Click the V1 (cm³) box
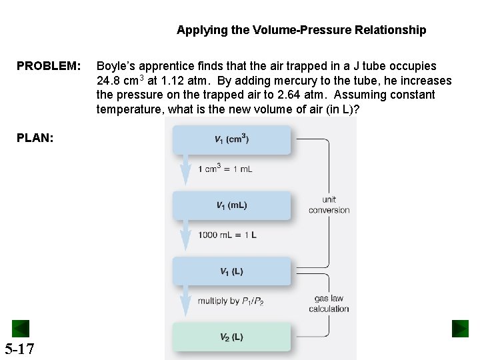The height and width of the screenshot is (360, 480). pos(231,139)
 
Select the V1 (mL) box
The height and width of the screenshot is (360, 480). pos(231,205)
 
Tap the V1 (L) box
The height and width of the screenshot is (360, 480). pos(231,271)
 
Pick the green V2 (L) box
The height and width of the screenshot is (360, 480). pos(231,337)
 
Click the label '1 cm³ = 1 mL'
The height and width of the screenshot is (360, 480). pos(225,169)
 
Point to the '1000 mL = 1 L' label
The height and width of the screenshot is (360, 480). pos(227,235)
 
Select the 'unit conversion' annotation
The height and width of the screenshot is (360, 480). pos(329,205)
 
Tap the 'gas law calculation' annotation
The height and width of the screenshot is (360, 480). pos(329,303)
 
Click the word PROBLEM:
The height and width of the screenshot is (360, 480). pos(49,66)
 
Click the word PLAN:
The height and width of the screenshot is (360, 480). pos(35,137)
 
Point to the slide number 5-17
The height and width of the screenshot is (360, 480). pos(19,349)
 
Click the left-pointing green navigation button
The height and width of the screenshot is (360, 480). pos(21,329)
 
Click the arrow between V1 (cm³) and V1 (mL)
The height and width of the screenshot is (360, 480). pos(185,172)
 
